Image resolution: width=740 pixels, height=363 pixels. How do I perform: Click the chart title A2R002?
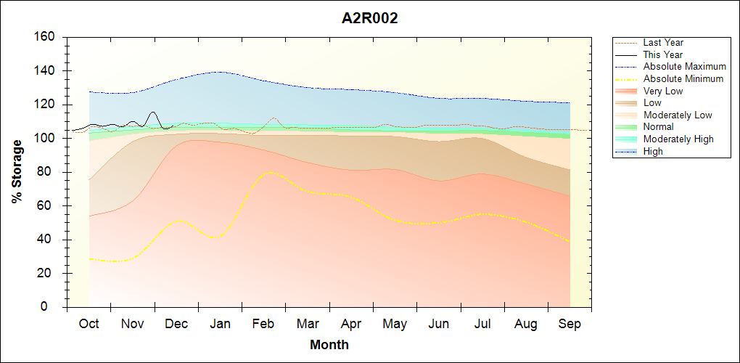click(x=370, y=19)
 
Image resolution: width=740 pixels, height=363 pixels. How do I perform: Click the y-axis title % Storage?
click(x=17, y=171)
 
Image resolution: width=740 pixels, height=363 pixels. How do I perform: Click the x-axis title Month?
click(x=329, y=345)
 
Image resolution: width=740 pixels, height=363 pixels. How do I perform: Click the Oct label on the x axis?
click(x=89, y=324)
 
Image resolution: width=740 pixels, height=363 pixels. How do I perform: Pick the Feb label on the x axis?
click(x=263, y=324)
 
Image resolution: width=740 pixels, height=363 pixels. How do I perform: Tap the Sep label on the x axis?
click(x=570, y=324)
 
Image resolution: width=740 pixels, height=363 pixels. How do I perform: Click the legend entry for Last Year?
click(x=663, y=43)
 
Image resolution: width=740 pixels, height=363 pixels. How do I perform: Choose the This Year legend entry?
click(x=663, y=54)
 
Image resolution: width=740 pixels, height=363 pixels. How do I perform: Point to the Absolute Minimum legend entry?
click(x=683, y=78)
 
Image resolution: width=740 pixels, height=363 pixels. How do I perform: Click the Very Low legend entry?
click(x=663, y=91)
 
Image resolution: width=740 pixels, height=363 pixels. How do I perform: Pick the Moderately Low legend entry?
click(x=678, y=115)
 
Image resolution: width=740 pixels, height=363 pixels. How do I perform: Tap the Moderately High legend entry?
click(x=678, y=139)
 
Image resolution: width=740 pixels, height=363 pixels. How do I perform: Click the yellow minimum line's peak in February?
click(x=270, y=172)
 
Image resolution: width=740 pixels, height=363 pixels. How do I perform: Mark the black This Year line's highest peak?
click(x=152, y=112)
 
